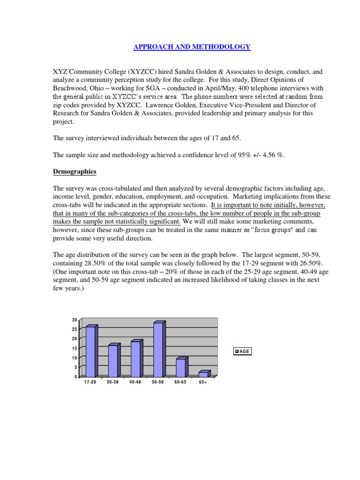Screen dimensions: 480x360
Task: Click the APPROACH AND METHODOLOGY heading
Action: coord(192,46)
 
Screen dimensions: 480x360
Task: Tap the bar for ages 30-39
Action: coord(112,360)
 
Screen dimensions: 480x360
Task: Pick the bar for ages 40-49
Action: coord(135,359)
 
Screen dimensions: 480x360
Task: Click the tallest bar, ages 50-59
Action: coord(158,350)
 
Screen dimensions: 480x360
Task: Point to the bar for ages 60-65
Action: coord(180,367)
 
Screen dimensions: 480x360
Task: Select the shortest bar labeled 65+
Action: coord(203,374)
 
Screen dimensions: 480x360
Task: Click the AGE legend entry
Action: coord(242,351)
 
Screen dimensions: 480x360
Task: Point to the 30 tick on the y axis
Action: coord(74,320)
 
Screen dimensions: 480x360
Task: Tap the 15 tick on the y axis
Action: coord(74,348)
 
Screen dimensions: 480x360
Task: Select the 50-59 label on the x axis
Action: coord(158,382)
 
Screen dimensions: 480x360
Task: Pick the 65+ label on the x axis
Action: coord(203,382)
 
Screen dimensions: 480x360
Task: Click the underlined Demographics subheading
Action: coord(74,172)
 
